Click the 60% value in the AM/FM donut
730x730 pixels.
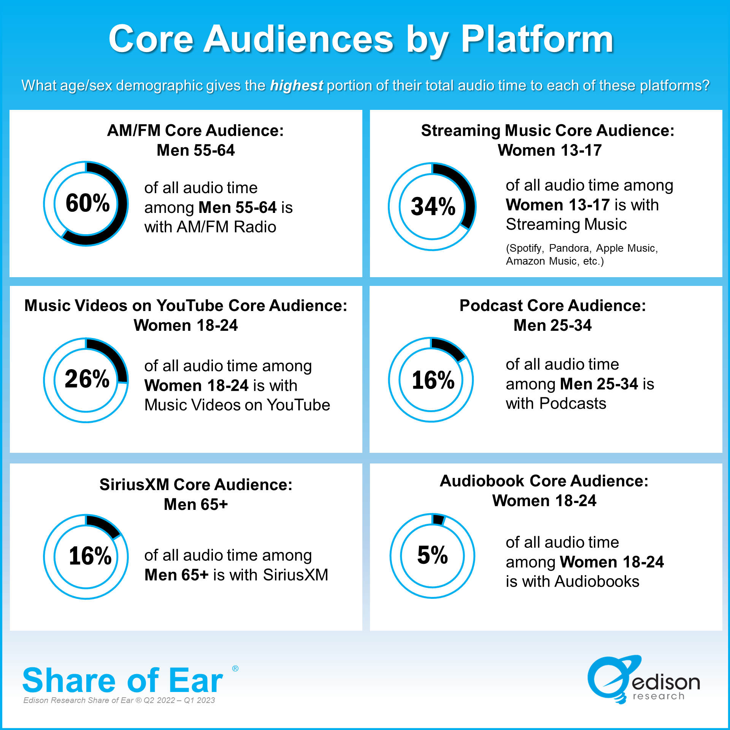pos(88,203)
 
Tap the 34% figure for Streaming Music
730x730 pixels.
pos(433,206)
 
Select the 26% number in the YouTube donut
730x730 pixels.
pos(87,379)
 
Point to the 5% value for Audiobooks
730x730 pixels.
pos(433,555)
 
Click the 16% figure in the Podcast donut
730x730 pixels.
pos(433,380)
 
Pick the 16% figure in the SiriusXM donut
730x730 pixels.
pos(90,556)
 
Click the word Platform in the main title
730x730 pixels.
pos(537,39)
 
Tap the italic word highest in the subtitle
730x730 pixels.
pos(297,86)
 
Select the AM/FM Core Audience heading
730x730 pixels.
pos(195,130)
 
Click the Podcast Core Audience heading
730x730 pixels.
pos(552,306)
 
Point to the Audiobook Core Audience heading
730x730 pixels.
pos(544,481)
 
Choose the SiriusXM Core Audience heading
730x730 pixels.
pos(196,485)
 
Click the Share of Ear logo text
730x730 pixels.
pos(123,681)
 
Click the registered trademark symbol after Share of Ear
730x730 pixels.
pos(235,669)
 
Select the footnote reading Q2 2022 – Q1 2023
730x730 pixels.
pos(179,700)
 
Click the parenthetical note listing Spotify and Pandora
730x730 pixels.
pos(581,254)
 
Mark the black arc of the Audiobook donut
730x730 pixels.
pos(438,520)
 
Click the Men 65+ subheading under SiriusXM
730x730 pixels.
pos(196,505)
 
